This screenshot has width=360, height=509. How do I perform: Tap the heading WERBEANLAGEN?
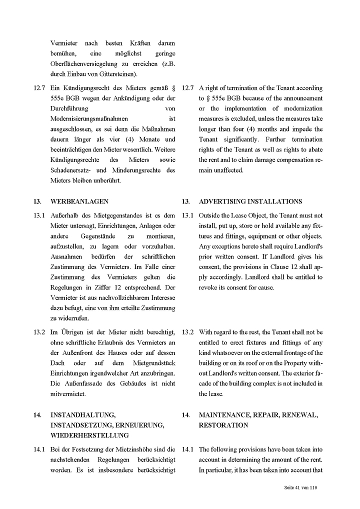79,201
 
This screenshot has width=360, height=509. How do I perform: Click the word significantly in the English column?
242,139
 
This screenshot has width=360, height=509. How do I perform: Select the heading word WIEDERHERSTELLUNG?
89,435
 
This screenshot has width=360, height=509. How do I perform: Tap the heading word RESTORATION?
223,425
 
